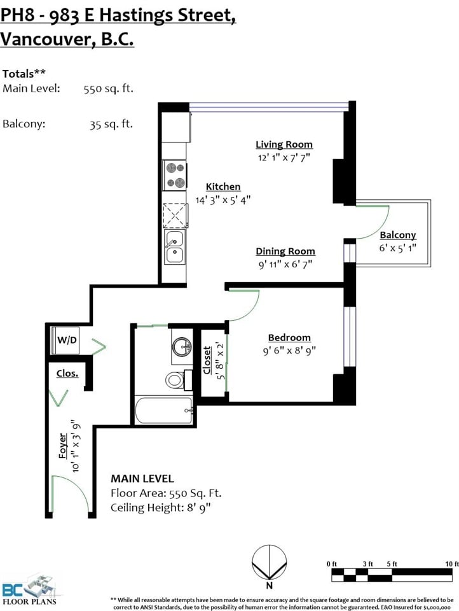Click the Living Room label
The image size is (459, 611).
[284, 144]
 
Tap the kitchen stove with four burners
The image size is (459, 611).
[175, 175]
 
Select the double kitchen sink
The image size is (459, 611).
[175, 247]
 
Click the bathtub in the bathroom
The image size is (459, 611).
[163, 410]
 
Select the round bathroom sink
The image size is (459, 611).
[182, 346]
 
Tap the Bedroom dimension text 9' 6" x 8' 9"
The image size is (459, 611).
[289, 351]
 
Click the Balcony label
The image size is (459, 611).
[398, 235]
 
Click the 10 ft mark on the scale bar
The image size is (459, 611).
[451, 563]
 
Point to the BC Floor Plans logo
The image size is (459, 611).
[30, 589]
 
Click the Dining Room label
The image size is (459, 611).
[285, 251]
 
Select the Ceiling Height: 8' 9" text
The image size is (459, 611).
[161, 508]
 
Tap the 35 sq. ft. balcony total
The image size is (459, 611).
[111, 124]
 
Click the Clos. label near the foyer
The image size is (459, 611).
[67, 374]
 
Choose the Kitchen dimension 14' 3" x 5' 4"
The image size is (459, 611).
[223, 200]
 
